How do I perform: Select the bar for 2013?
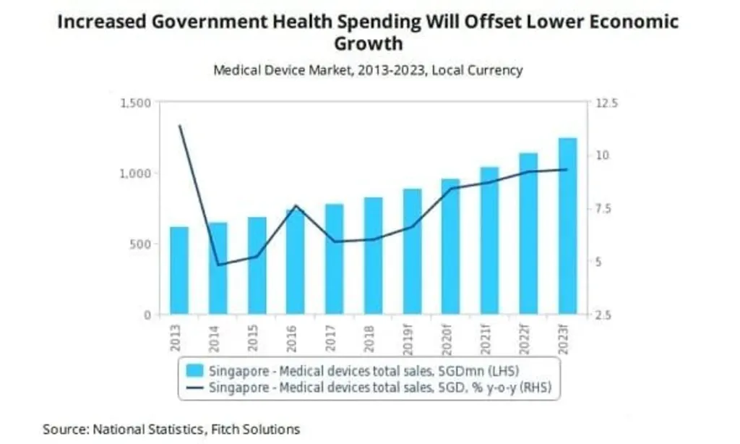point(179,270)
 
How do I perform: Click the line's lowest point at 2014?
point(218,265)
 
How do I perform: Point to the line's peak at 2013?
point(179,126)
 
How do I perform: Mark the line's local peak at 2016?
point(296,205)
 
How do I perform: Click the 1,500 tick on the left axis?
point(135,103)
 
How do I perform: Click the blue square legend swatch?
point(194,371)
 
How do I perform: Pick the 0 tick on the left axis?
point(147,315)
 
